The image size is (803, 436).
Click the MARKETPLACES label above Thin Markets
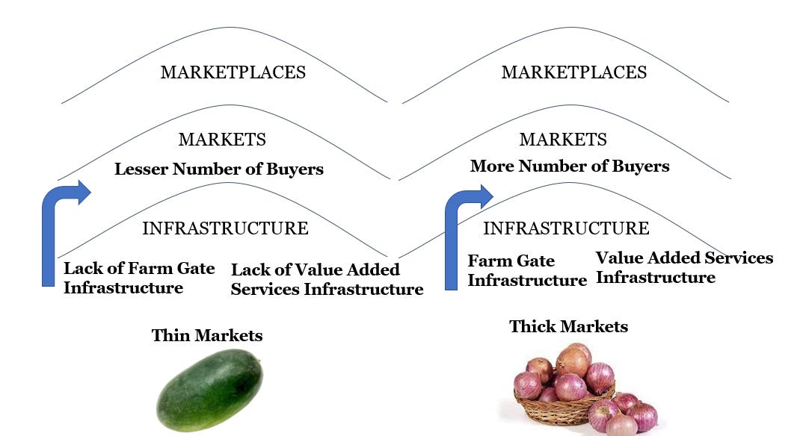[x=233, y=72]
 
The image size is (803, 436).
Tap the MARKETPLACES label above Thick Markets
[x=573, y=72]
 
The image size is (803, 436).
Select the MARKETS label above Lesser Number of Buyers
[x=222, y=140]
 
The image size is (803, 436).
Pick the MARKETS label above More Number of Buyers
[x=563, y=140]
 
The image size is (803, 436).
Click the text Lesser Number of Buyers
[x=219, y=169]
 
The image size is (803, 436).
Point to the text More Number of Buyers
[x=570, y=166]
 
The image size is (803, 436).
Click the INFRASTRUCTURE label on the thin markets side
[x=225, y=228]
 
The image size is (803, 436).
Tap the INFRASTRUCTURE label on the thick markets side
[x=566, y=228]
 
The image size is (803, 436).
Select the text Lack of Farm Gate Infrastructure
[x=139, y=278]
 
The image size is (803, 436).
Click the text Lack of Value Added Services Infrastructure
[x=327, y=279]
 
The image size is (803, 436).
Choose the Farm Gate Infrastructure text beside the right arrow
[x=526, y=271]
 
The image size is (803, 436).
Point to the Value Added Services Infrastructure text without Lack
[x=684, y=267]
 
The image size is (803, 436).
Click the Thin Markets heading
[x=207, y=335]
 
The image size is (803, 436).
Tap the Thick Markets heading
[x=568, y=326]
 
